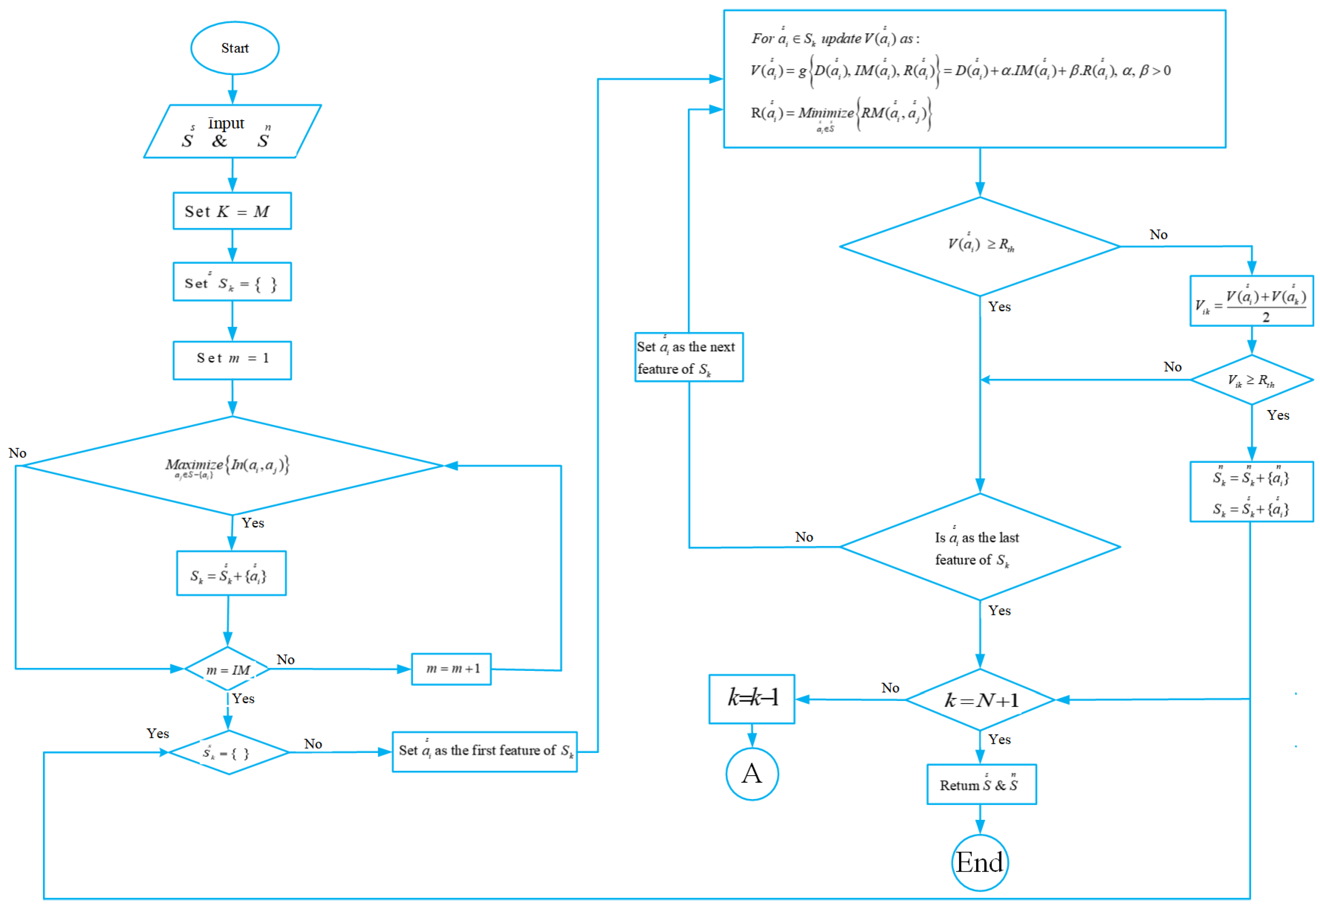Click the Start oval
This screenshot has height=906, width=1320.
[234, 48]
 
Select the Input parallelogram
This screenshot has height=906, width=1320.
[232, 131]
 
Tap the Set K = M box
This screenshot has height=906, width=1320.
[232, 211]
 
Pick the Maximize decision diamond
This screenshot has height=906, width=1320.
[232, 466]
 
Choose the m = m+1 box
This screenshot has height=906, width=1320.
[452, 669]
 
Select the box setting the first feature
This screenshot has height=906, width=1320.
[484, 751]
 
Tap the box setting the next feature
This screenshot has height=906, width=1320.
[689, 357]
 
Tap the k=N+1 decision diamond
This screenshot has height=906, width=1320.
[980, 700]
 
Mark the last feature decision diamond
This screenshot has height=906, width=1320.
[980, 547]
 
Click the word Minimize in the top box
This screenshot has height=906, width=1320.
[825, 113]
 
